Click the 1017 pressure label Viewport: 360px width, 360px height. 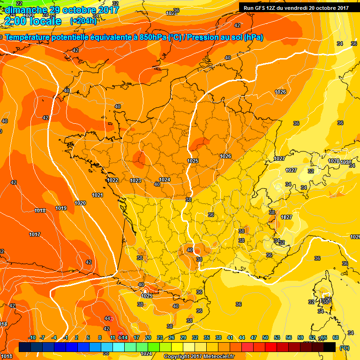(34, 234)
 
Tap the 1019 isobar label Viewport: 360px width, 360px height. (61, 208)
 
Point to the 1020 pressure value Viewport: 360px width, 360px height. (80, 203)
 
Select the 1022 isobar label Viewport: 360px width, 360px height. (112, 180)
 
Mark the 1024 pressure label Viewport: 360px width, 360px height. (165, 180)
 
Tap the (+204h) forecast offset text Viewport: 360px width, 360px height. (83, 21)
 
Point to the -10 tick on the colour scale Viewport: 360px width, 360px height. (32, 337)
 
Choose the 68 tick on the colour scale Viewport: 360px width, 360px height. (336, 337)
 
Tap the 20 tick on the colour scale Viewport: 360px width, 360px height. (148, 337)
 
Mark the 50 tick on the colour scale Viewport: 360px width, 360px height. (265, 337)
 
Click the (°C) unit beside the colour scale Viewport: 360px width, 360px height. (344, 347)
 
